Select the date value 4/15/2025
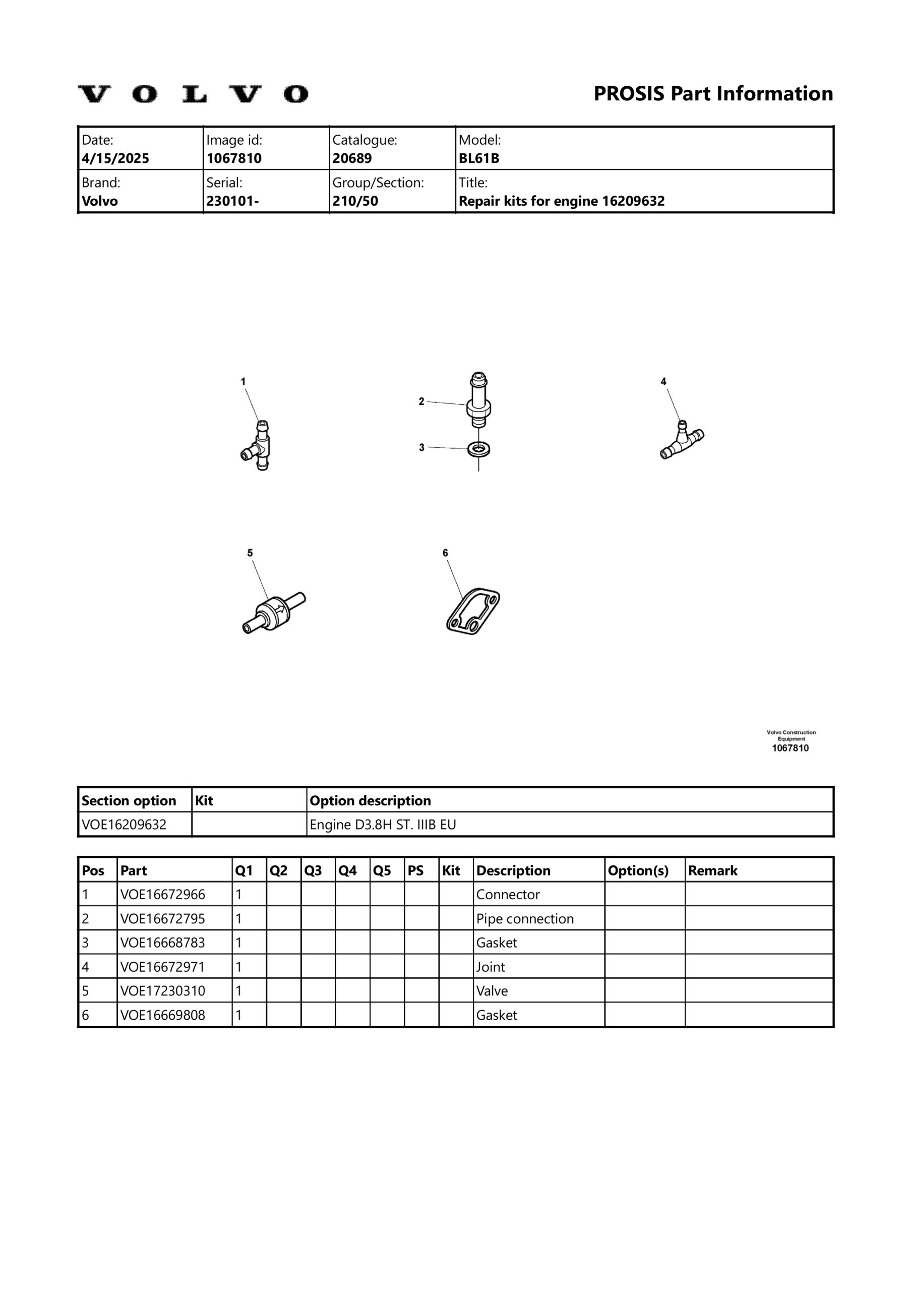pos(115,158)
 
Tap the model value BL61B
pos(478,158)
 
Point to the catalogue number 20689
pos(352,158)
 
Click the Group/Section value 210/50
pos(355,201)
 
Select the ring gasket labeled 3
pos(478,449)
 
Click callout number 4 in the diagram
pos(663,382)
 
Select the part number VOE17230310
pos(162,991)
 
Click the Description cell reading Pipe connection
pos(525,919)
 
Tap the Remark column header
pos(712,871)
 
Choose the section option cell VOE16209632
pos(124,825)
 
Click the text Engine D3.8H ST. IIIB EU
pos(383,825)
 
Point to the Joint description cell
pos(491,967)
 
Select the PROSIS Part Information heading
pos(713,94)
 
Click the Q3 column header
pos(313,871)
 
